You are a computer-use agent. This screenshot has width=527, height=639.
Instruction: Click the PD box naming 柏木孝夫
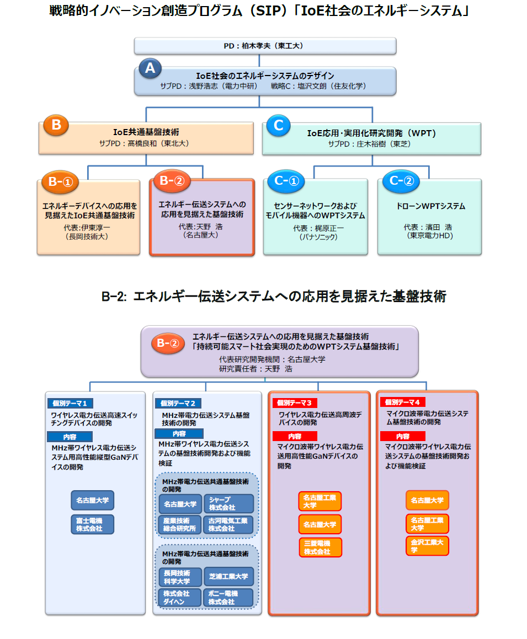(264, 46)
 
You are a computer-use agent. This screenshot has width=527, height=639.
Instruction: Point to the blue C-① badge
(286, 181)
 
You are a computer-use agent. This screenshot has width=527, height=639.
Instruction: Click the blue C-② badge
(401, 181)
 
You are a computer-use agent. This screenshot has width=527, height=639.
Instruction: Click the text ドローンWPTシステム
(430, 206)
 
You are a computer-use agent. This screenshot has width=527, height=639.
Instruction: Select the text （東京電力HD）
(430, 235)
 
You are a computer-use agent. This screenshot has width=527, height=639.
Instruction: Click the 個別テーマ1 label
(71, 403)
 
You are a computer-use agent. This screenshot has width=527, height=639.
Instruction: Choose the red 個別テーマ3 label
(295, 403)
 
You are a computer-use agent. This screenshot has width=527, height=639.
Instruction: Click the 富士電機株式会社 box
(92, 524)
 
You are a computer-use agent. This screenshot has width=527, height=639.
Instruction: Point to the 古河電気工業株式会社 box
(228, 524)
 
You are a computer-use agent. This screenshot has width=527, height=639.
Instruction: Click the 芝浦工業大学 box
(228, 577)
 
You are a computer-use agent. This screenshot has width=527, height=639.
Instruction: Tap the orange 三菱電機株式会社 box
(320, 547)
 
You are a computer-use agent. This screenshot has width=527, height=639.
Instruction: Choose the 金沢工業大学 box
(427, 545)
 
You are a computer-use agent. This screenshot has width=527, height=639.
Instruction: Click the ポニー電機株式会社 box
(228, 598)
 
